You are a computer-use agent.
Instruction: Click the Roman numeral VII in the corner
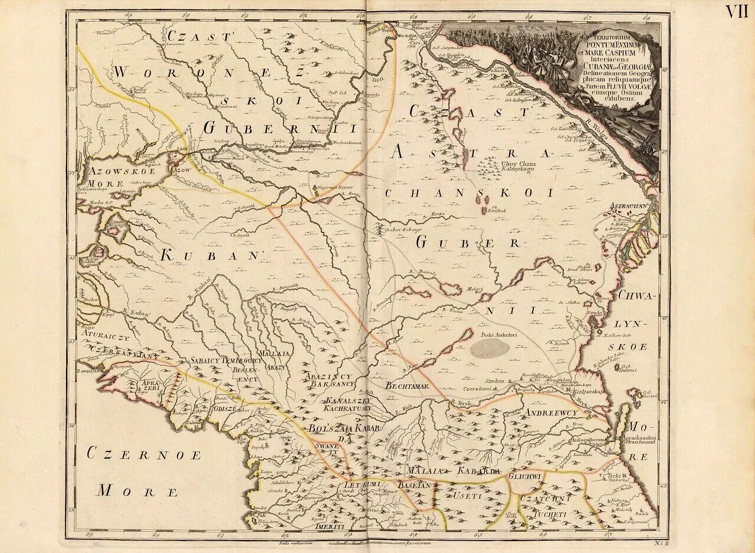coord(736,11)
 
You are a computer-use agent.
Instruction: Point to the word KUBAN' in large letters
coord(210,256)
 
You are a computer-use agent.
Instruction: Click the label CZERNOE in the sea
coord(144,455)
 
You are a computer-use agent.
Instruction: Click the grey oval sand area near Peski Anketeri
coord(490,348)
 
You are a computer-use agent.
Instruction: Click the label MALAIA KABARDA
coord(454,470)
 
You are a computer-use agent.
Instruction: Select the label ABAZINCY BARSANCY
coord(329,380)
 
